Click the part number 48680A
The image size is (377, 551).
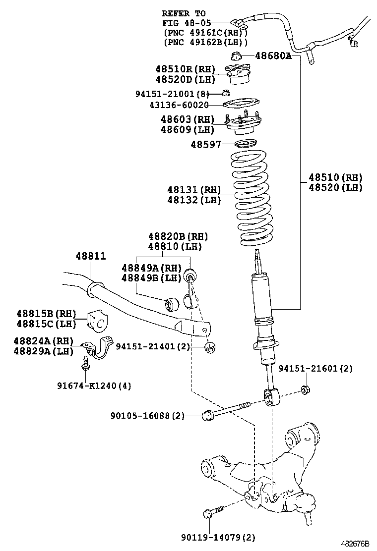point(273,56)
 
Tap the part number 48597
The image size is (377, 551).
point(205,144)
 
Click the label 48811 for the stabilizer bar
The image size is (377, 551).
point(90,256)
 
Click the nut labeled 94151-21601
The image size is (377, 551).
point(306,389)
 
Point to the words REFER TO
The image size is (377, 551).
point(184,13)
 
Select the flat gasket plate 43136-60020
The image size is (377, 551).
point(241,104)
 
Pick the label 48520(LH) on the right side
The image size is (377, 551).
point(335,187)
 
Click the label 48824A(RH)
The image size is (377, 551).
point(44,341)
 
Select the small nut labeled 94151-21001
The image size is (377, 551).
point(225,93)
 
